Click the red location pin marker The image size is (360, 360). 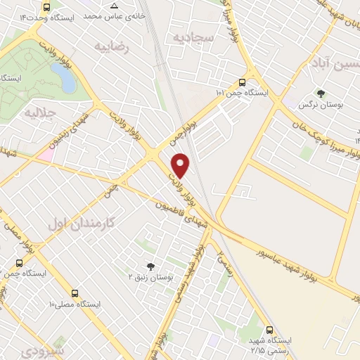coord(181,165)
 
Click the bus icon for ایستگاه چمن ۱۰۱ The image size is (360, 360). coord(243,81)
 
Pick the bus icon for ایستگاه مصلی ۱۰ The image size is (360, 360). coord(75,292)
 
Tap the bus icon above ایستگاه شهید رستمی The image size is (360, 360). coord(270,330)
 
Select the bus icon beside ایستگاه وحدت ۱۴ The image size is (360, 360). coord(47,7)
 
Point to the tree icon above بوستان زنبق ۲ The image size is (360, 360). coord(150,265)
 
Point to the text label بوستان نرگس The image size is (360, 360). coord(314,105)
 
